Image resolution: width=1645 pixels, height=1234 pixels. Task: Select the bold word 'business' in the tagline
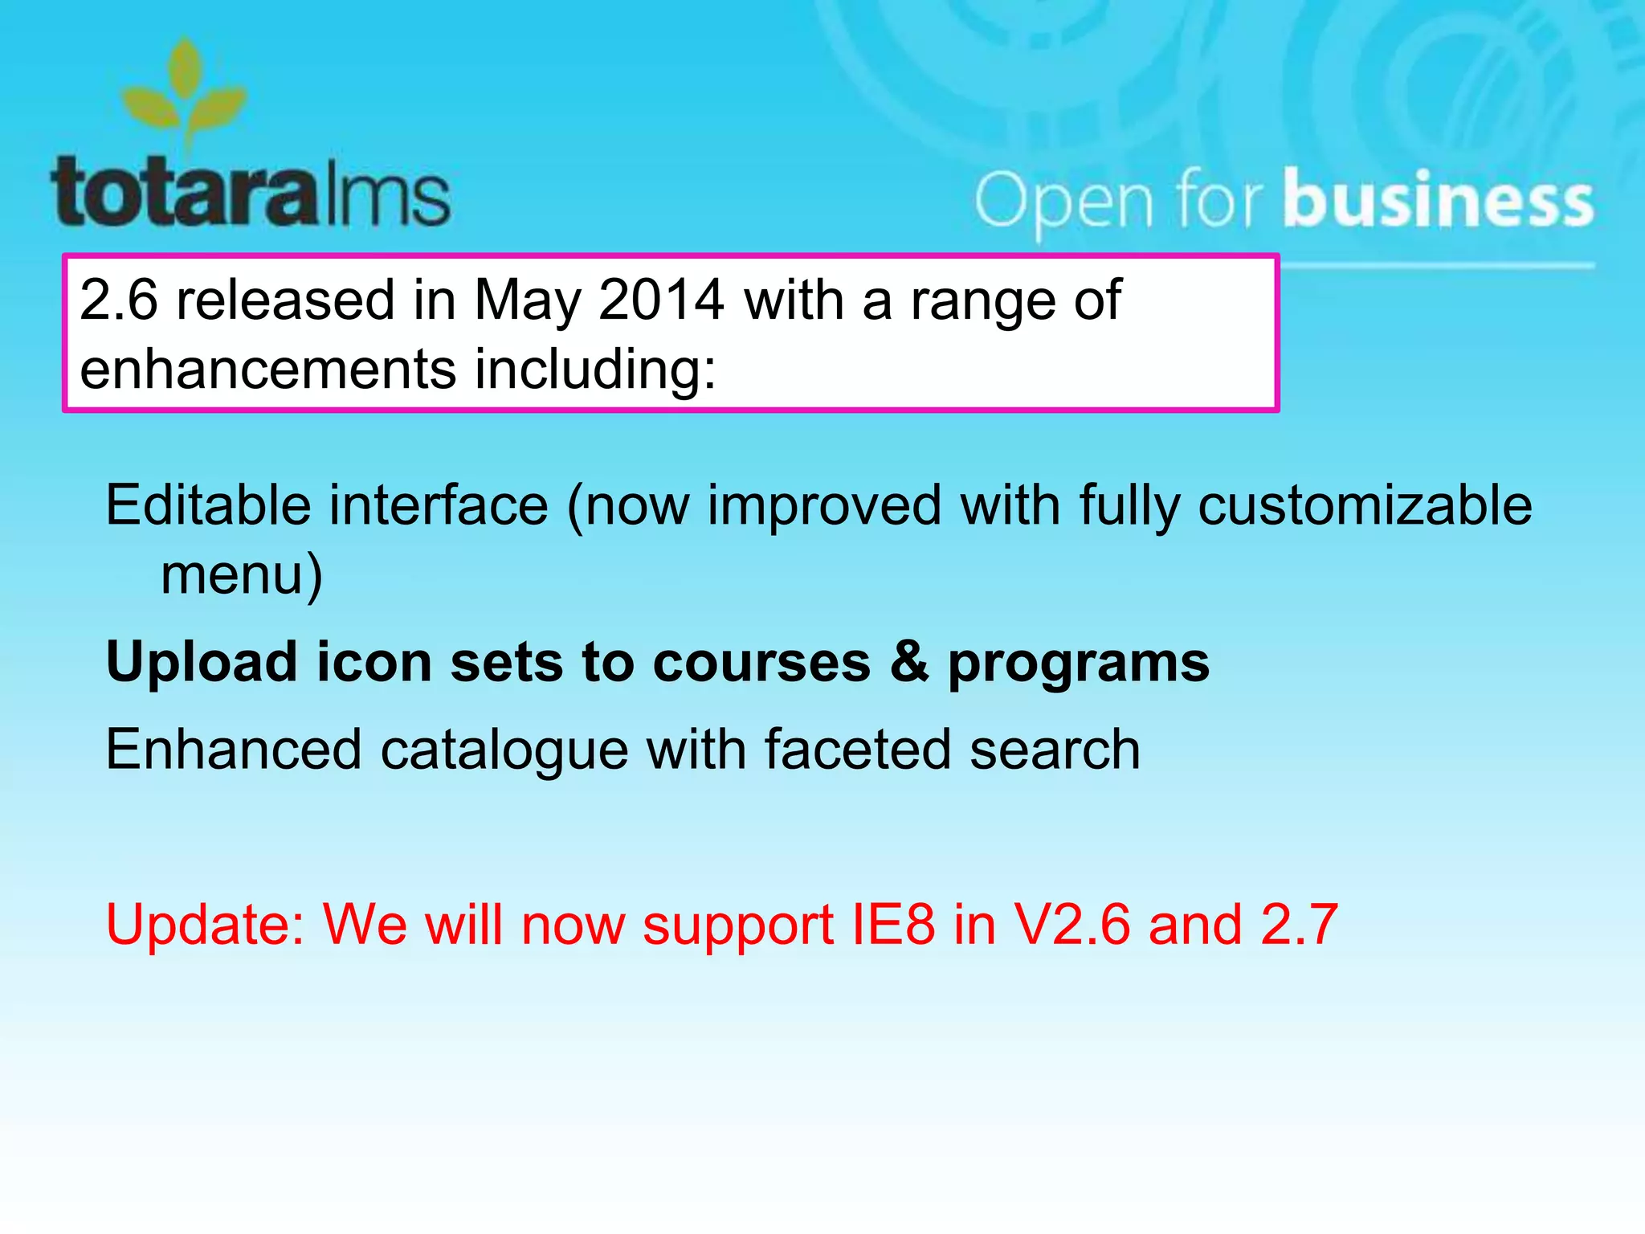(1438, 198)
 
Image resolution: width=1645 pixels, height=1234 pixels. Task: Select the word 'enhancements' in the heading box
(268, 369)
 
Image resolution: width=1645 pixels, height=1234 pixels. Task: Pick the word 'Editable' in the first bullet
(208, 505)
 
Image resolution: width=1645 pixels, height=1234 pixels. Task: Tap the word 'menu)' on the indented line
(242, 575)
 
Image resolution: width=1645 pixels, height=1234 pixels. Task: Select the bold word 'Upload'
(202, 664)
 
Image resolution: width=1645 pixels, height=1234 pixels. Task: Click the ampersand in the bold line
(909, 662)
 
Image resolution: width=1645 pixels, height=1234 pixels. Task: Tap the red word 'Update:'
(205, 924)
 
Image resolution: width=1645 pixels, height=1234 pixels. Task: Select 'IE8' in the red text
(893, 924)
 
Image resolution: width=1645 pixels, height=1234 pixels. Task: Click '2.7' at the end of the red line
(1299, 924)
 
